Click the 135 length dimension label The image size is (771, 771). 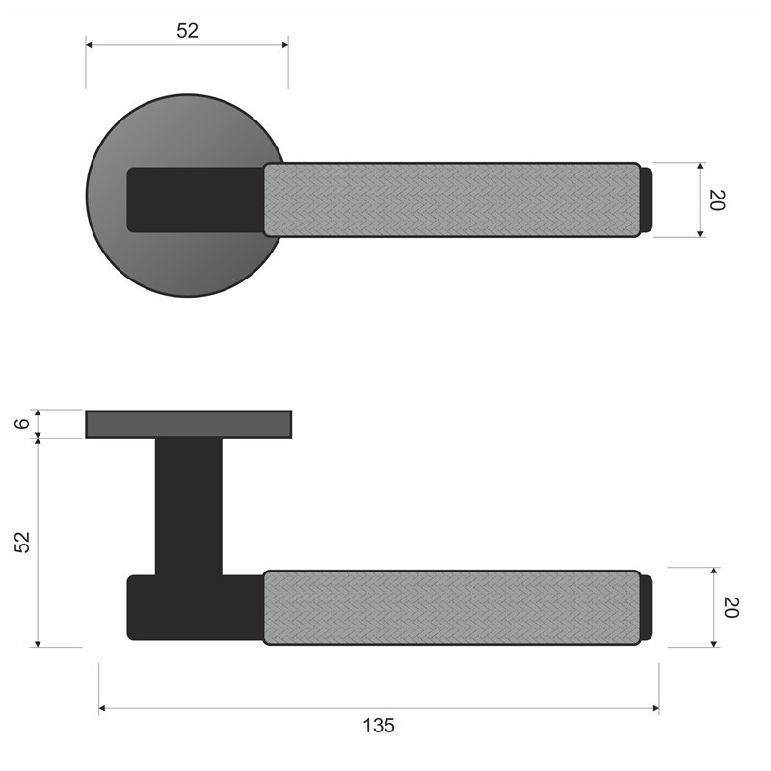pyautogui.click(x=379, y=726)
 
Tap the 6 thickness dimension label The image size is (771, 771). pyautogui.click(x=22, y=423)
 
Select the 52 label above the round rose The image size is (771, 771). pyautogui.click(x=187, y=31)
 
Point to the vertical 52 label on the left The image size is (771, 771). pyautogui.click(x=22, y=543)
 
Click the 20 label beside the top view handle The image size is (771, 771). pyautogui.click(x=717, y=200)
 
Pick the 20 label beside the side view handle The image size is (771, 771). pyautogui.click(x=731, y=607)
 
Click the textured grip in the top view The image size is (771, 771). pyautogui.click(x=452, y=199)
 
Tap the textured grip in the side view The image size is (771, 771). pyautogui.click(x=452, y=607)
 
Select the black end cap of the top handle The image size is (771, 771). pyautogui.click(x=647, y=199)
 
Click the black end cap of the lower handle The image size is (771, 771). pyautogui.click(x=647, y=607)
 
